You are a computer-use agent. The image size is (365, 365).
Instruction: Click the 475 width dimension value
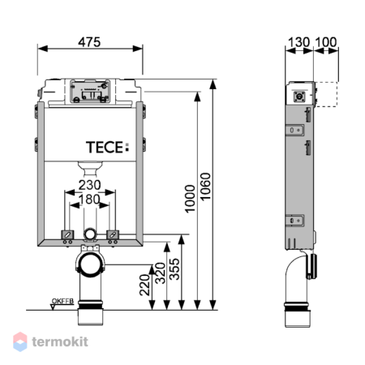pos(90,42)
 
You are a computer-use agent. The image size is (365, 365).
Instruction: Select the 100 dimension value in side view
pos(326,42)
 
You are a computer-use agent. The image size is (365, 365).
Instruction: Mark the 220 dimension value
pos(144,285)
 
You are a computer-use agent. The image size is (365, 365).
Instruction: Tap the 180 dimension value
pos(90,200)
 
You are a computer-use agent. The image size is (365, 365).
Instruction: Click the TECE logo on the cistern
pos(108,148)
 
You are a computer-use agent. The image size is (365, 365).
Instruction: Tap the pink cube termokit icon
pos(20,341)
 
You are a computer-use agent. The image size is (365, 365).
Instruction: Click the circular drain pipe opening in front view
pos(91,264)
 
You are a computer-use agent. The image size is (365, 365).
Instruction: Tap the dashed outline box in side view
pos(326,94)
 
